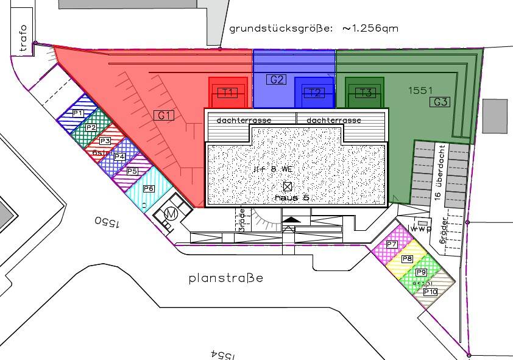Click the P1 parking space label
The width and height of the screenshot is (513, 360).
[78, 113]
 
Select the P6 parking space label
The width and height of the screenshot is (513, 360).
[148, 189]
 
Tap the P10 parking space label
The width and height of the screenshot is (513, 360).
[430, 292]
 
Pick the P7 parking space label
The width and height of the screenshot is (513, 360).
[392, 245]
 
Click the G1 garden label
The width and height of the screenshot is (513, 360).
[164, 115]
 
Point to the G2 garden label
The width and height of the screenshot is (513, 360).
[277, 80]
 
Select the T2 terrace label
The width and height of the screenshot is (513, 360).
[314, 93]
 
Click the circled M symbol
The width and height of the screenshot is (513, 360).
[171, 214]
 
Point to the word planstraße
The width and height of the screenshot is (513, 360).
[225, 278]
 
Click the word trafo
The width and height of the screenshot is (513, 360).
[23, 39]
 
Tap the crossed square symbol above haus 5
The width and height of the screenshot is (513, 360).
[288, 186]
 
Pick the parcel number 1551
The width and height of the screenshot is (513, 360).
[420, 90]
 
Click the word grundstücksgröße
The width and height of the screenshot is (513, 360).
[281, 29]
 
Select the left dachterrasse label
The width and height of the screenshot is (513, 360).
[244, 120]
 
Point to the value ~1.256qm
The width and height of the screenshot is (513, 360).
[370, 29]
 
